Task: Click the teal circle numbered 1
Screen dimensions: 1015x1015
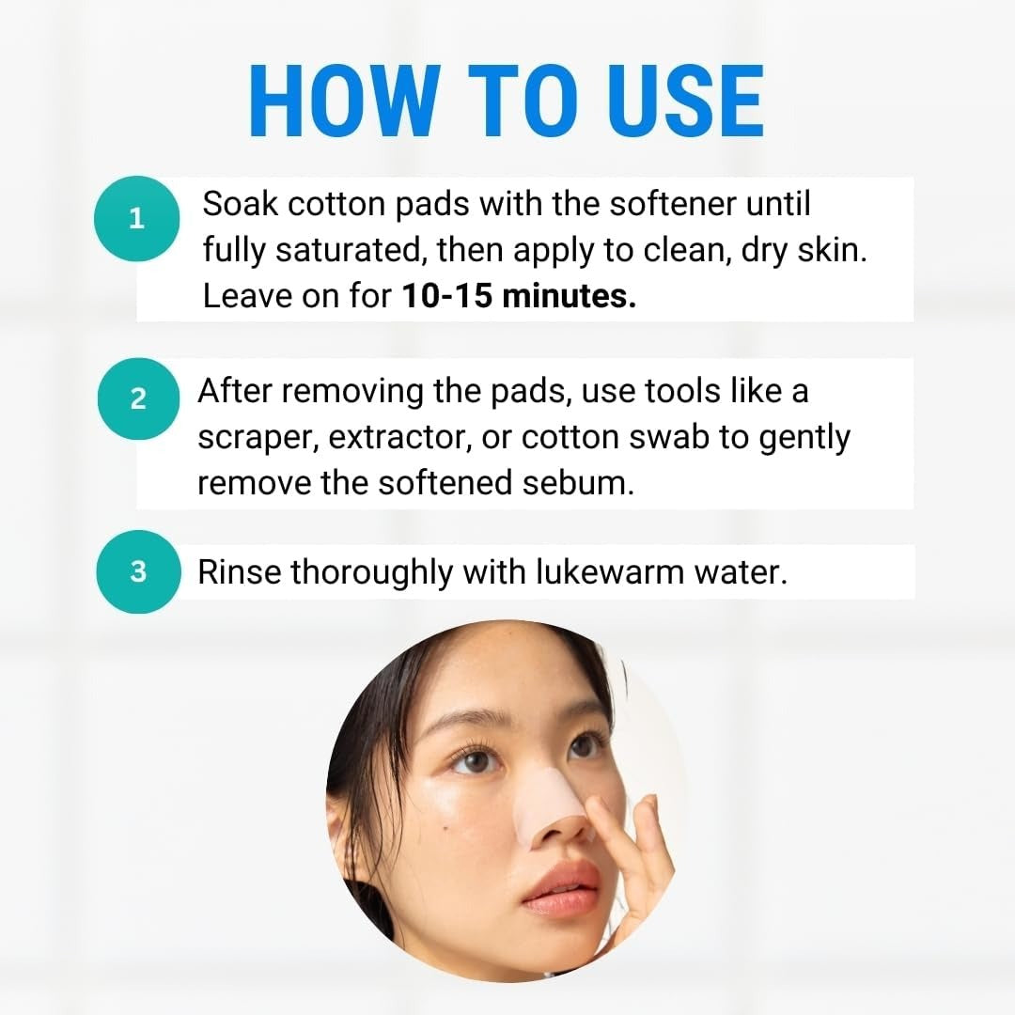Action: coord(137,220)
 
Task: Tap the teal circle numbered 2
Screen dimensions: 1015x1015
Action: coord(138,398)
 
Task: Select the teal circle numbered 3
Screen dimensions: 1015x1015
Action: coord(138,570)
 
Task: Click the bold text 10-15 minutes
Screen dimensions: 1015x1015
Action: coord(520,296)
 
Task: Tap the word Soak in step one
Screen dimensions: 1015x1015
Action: coord(240,203)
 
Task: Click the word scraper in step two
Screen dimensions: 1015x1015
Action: coord(255,438)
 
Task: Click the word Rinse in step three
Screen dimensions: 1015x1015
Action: coord(239,571)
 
